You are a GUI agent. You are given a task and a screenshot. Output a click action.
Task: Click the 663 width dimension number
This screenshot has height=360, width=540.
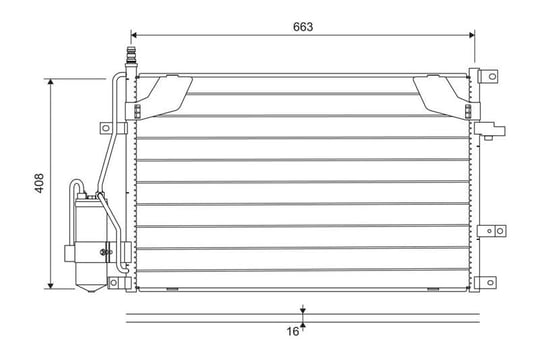tap(303, 27)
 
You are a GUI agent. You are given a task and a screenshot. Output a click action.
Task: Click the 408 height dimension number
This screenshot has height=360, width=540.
tap(40, 183)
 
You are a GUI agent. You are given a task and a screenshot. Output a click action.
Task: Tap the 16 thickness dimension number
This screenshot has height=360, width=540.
tap(293, 331)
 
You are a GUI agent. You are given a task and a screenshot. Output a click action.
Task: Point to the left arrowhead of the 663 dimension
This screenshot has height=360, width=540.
tap(134, 35)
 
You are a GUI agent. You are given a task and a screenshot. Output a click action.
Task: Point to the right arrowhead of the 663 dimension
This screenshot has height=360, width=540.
tap(471, 35)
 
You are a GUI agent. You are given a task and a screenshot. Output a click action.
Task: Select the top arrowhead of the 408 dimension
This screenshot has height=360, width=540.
tap(51, 82)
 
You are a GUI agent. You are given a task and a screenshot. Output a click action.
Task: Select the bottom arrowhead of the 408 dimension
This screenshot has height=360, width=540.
tap(51, 285)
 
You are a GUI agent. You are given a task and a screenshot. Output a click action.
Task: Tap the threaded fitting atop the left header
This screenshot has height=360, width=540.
tap(131, 55)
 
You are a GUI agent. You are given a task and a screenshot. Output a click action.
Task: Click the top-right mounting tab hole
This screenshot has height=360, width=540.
tap(492, 76)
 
